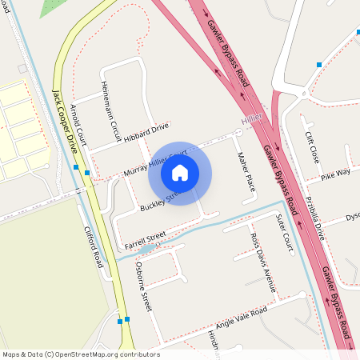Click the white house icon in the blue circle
(180, 171)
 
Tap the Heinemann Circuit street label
(110, 111)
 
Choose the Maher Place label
(245, 171)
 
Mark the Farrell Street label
(145, 239)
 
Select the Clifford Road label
(94, 246)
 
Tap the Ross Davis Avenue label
(263, 262)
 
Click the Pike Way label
(335, 173)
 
